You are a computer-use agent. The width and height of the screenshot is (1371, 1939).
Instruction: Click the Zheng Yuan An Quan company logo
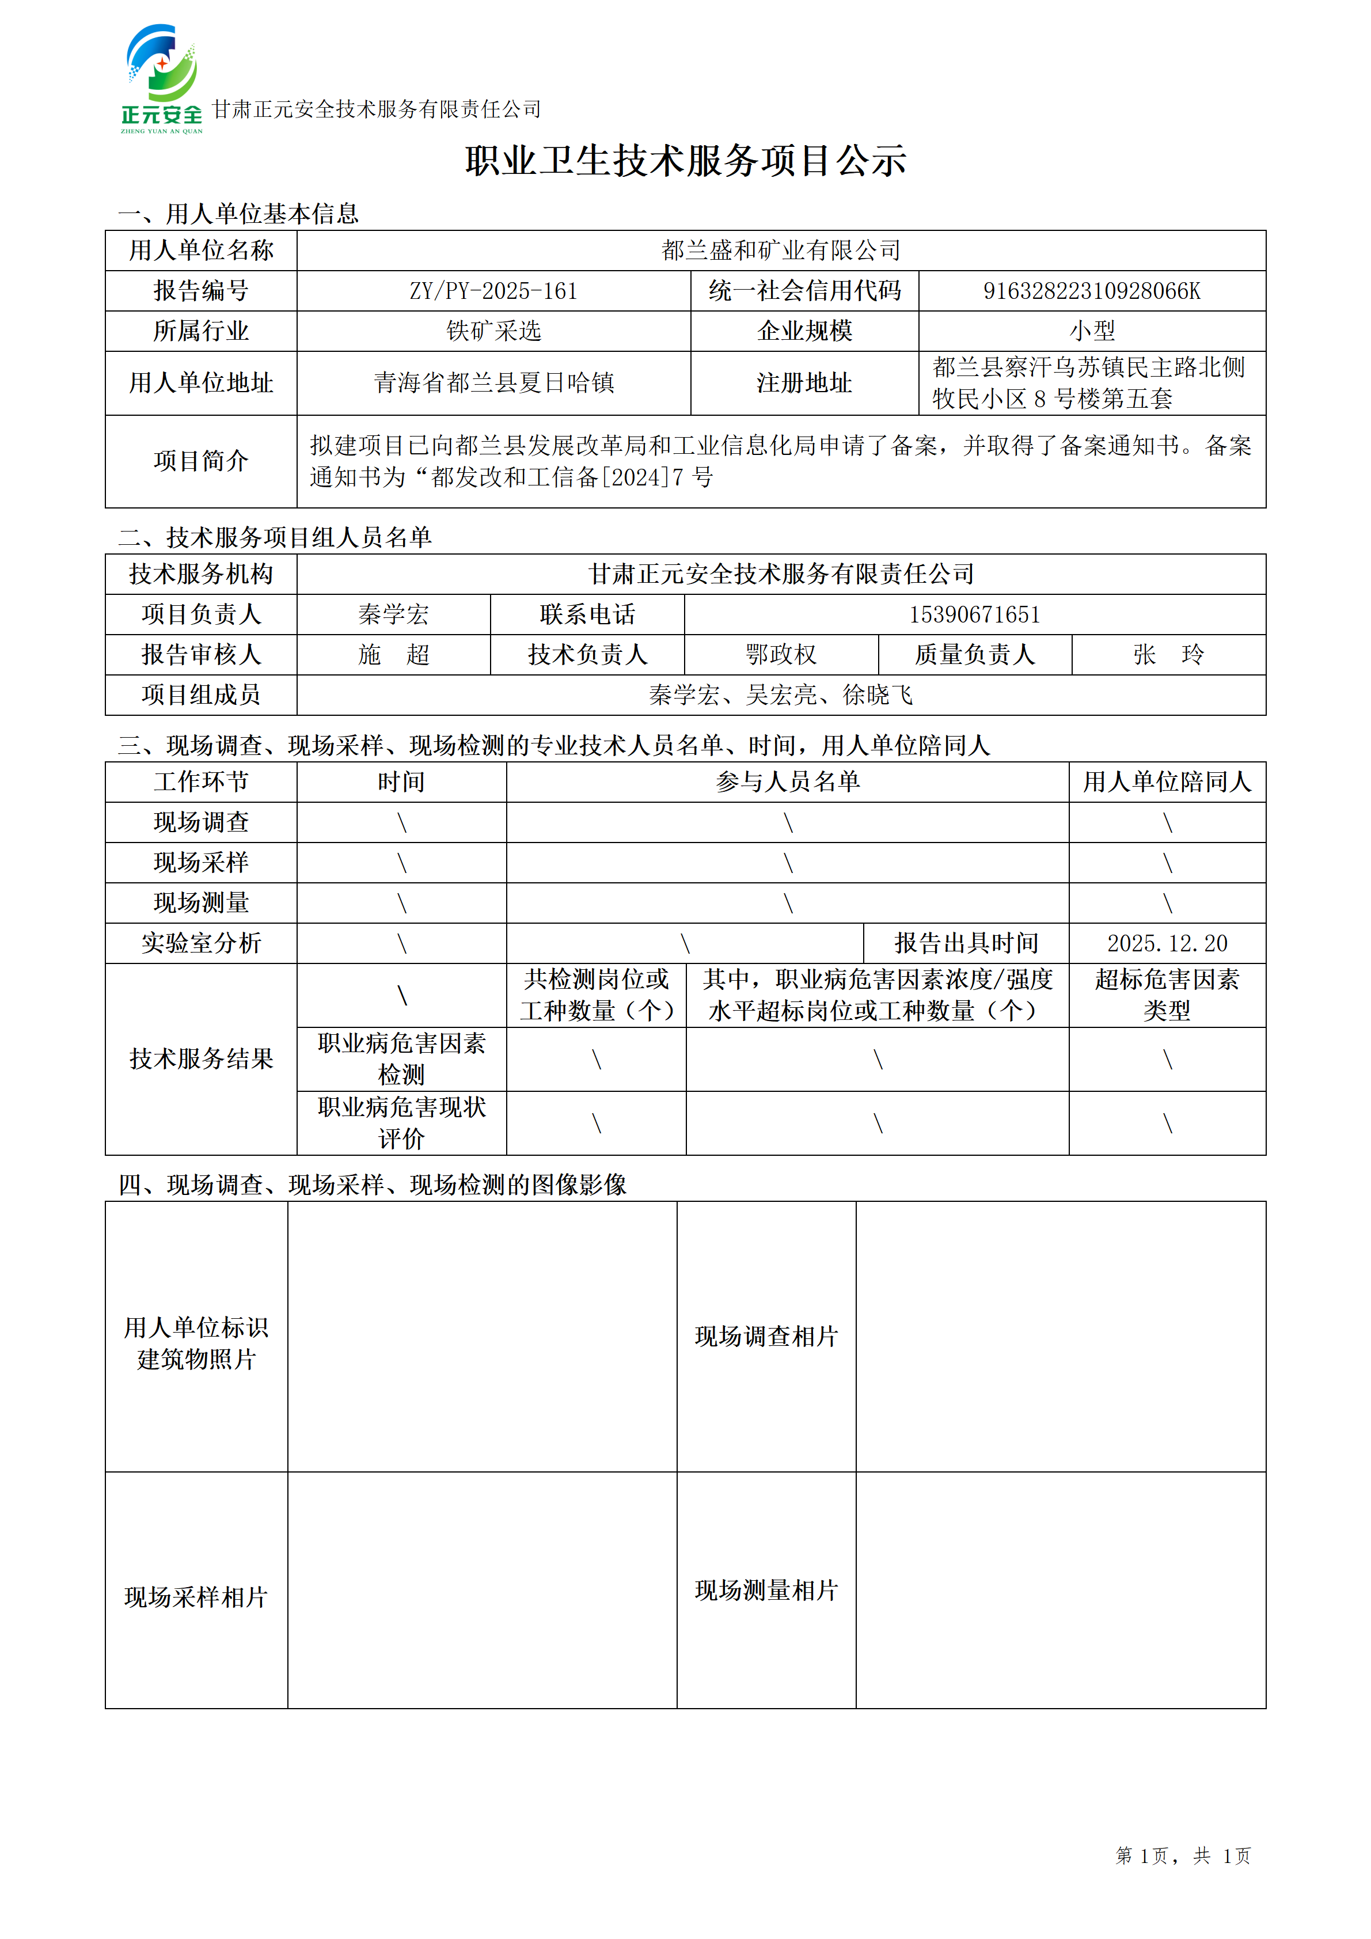coord(161,78)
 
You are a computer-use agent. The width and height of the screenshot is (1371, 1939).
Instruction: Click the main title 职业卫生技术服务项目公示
coord(685,161)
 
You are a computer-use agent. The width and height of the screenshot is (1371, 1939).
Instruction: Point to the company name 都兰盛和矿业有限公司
coord(781,251)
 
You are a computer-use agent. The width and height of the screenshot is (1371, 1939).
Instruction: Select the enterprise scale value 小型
coord(1092,331)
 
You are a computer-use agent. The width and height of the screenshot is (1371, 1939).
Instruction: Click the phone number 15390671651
coord(974,615)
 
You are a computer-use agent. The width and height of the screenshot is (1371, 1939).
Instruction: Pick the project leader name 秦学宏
coord(393,615)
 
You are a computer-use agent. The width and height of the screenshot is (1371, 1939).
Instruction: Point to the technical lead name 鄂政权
coord(781,655)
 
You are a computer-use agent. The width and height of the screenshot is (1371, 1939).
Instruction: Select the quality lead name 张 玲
coord(1168,655)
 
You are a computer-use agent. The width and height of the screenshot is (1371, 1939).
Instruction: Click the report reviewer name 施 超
coord(393,655)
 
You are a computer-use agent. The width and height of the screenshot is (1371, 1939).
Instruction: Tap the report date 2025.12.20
coord(1167,943)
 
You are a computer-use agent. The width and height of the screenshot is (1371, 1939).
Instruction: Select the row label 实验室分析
coord(201,943)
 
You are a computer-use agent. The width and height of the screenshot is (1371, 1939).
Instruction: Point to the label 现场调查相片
coord(766,1336)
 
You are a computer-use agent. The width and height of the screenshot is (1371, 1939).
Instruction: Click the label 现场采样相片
coord(196,1597)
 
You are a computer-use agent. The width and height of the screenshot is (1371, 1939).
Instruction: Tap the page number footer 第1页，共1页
coord(1182,1855)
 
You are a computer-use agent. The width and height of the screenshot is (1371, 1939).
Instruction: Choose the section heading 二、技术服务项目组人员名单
coord(275,537)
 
